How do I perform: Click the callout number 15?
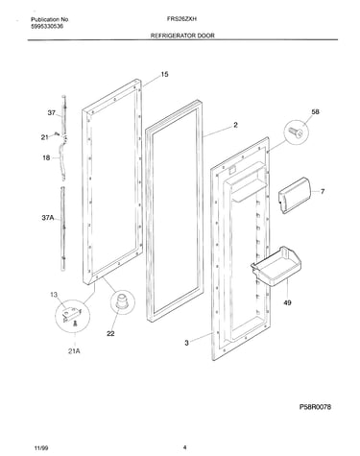point(164,75)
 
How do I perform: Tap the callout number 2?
point(235,125)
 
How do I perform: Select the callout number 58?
point(315,111)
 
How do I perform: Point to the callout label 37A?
point(47,218)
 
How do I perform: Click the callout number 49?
point(287,302)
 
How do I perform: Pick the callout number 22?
point(110,333)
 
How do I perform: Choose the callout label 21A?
point(74,351)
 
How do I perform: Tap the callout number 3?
point(186,343)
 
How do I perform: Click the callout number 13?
point(54,295)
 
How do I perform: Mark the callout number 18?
point(46,157)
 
